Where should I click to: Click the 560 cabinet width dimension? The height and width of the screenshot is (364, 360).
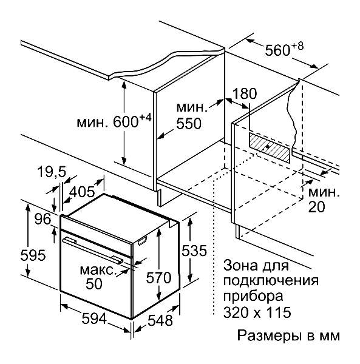pyautogui.click(x=278, y=50)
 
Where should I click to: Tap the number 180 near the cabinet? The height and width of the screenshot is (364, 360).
pyautogui.click(x=245, y=93)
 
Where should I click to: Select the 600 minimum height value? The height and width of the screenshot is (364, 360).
pyautogui.click(x=126, y=122)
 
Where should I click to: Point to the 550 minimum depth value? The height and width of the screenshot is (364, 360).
pyautogui.click(x=189, y=123)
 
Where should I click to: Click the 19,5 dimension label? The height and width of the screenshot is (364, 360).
pyautogui.click(x=52, y=172)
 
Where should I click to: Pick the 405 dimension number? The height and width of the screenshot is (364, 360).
pyautogui.click(x=82, y=192)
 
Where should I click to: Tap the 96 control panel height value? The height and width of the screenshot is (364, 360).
pyautogui.click(x=42, y=219)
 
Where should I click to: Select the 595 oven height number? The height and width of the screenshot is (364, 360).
pyautogui.click(x=33, y=255)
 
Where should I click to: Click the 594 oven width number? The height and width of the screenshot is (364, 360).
pyautogui.click(x=94, y=318)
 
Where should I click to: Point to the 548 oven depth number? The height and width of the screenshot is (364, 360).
pyautogui.click(x=160, y=320)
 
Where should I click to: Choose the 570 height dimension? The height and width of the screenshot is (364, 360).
pyautogui.click(x=158, y=278)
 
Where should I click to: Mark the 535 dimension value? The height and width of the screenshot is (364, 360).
pyautogui.click(x=194, y=251)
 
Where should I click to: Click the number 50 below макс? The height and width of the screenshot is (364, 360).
pyautogui.click(x=94, y=283)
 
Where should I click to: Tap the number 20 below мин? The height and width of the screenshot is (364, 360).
pyautogui.click(x=316, y=207)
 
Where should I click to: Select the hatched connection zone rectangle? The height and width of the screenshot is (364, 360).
pyautogui.click(x=270, y=147)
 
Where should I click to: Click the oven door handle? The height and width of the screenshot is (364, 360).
pyautogui.click(x=93, y=250)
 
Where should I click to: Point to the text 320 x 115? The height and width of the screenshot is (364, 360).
pyautogui.click(x=257, y=312)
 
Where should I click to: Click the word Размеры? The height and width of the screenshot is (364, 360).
pyautogui.click(x=269, y=336)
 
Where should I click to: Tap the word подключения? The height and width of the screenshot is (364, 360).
pyautogui.click(x=271, y=281)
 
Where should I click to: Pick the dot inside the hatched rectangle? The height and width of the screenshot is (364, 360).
pyautogui.click(x=268, y=147)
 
